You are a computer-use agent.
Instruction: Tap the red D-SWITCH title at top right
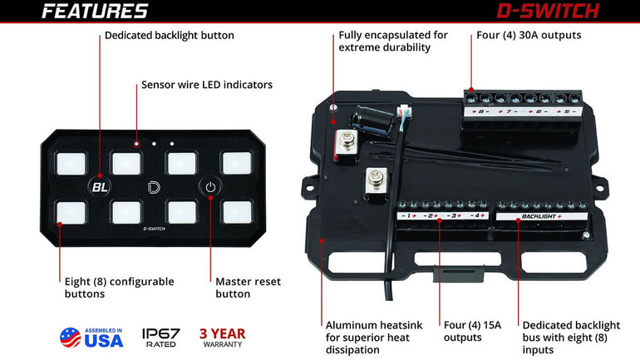tap(549, 12)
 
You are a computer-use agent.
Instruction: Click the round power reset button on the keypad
tap(210, 186)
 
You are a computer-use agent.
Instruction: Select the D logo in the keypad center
tap(153, 186)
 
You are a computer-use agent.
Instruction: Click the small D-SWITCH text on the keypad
tap(154, 226)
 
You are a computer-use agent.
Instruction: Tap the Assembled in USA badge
tap(91, 337)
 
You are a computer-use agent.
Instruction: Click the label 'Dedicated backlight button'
tap(169, 36)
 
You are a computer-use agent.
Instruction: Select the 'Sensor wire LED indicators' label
tap(206, 85)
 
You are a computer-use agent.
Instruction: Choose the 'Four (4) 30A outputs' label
tap(530, 36)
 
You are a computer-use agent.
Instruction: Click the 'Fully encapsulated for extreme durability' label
tap(392, 42)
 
